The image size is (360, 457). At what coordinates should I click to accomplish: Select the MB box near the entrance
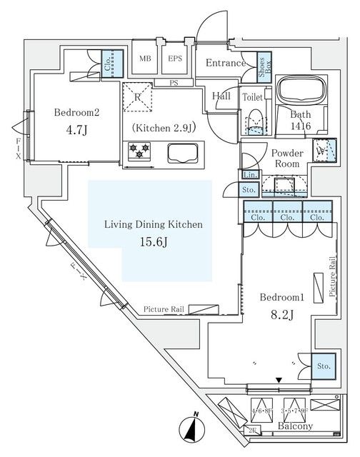tap(146, 59)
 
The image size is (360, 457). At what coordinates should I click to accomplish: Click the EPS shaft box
tap(176, 59)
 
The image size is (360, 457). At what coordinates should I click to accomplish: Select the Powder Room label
tap(287, 159)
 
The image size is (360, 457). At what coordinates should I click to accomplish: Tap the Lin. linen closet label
tap(250, 175)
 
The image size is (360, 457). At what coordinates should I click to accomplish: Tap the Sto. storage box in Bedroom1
tap(323, 365)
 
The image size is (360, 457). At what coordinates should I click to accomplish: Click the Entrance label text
tap(225, 64)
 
